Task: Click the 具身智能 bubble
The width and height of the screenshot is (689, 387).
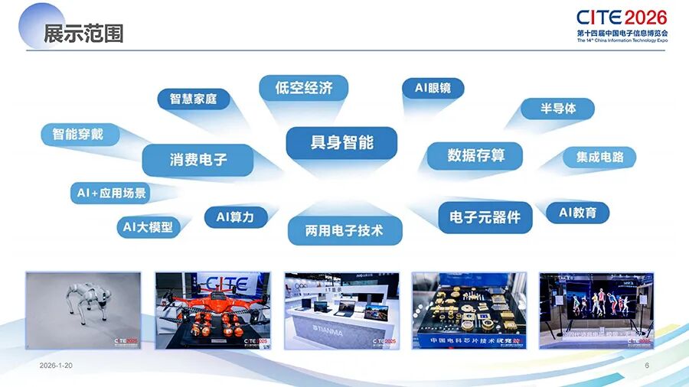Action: pyautogui.click(x=341, y=143)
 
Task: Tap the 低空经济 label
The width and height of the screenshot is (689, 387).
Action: pyautogui.click(x=303, y=88)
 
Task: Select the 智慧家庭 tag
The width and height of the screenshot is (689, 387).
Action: pyautogui.click(x=193, y=99)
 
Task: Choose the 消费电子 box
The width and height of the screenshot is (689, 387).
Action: pyautogui.click(x=198, y=160)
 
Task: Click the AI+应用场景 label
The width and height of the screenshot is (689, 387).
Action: pyautogui.click(x=111, y=193)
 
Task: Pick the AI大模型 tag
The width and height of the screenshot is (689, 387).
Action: pyautogui.click(x=148, y=227)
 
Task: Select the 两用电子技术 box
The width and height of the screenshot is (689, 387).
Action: pyautogui.click(x=344, y=229)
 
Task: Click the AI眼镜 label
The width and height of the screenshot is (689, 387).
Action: pyautogui.click(x=433, y=88)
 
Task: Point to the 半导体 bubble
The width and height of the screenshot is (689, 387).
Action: pyautogui.click(x=558, y=109)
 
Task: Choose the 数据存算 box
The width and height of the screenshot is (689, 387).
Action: pyautogui.click(x=475, y=156)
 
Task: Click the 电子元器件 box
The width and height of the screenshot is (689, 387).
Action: pyautogui.click(x=485, y=217)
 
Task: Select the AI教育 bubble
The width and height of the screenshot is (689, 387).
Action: pyautogui.click(x=577, y=213)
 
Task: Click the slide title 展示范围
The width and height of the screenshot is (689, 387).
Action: pyautogui.click(x=83, y=34)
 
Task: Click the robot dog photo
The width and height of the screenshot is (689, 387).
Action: pyautogui.click(x=83, y=310)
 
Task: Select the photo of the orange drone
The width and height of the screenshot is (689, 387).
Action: pyautogui.click(x=212, y=310)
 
